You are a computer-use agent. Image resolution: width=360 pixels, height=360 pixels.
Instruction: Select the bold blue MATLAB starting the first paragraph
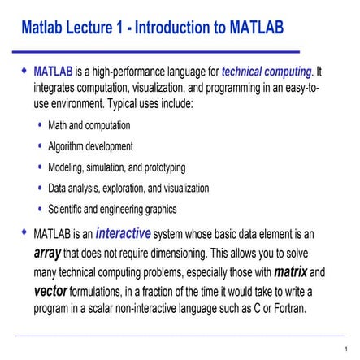pyautogui.click(x=54, y=72)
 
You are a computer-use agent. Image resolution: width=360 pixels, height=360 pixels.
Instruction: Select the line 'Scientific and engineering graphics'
pyautogui.click(x=112, y=208)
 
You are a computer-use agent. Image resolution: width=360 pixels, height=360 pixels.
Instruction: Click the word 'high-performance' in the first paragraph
pyautogui.click(x=125, y=72)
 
